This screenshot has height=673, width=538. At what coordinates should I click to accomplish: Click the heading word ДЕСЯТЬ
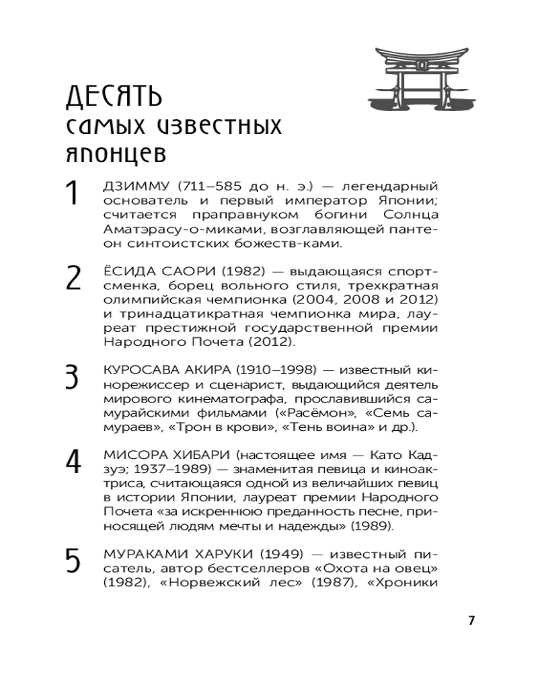coord(114,97)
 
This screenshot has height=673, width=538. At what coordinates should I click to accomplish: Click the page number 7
coord(471,621)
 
